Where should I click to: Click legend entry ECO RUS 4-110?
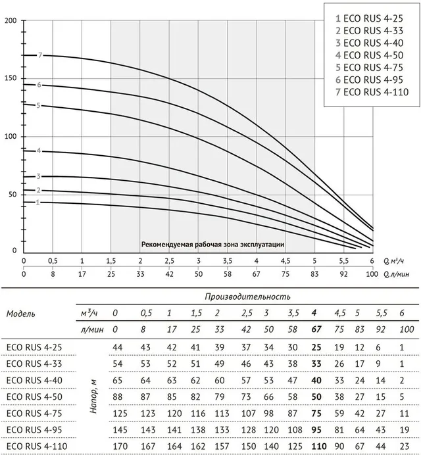pos(372,92)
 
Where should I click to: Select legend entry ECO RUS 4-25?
pos(369,18)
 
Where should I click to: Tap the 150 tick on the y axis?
pos(11,78)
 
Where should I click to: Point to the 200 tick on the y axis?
pos(11,20)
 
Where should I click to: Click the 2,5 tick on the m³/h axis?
pos(169,261)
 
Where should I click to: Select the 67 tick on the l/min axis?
pos(256,274)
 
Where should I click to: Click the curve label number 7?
pos(40,55)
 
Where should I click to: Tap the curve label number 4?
pos(39,151)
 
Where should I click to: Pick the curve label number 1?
pos(37,203)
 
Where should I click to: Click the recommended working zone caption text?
pos(212,245)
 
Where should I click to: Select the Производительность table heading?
pos(247,297)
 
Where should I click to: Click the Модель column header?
pos(21,314)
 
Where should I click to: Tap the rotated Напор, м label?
pos(93,396)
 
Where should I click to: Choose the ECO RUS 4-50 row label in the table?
pos(34,396)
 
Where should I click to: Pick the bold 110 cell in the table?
pos(319,446)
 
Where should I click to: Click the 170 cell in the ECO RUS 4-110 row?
pos(120,446)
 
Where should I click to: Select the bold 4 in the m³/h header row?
pos(314,313)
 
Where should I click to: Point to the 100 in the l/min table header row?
pos(407,329)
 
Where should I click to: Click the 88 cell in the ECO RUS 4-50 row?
pos(117,396)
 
